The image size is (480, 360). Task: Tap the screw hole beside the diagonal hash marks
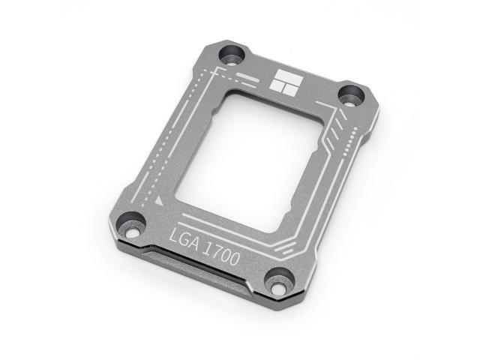(349, 95)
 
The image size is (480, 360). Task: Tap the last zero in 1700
(236, 261)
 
